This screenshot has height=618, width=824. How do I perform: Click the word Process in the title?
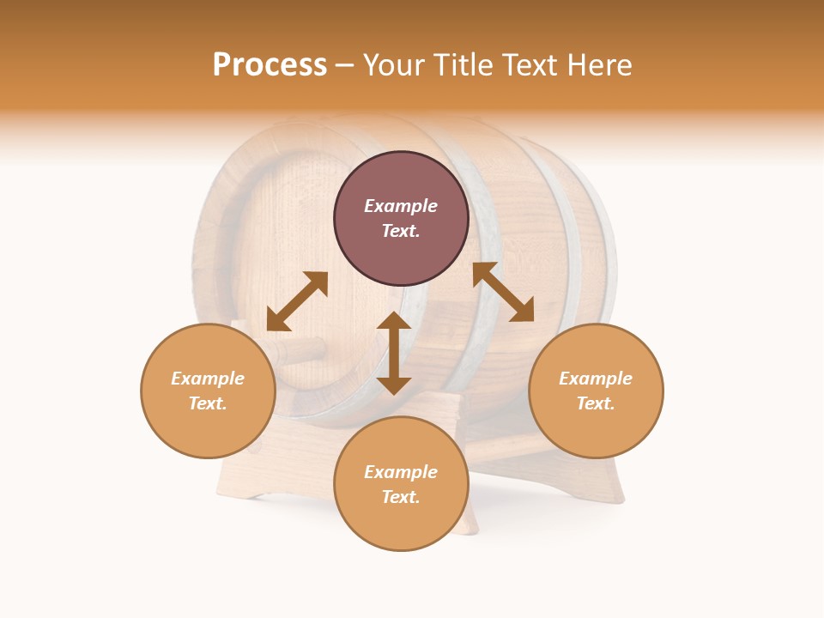pyautogui.click(x=270, y=65)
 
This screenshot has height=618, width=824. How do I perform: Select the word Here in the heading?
pyautogui.click(x=597, y=65)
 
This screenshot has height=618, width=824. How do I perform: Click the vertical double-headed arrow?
pyautogui.click(x=394, y=353)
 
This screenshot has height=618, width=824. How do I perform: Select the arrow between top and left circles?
pyautogui.click(x=297, y=301)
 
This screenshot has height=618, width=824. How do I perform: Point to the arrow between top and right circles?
pyautogui.click(x=503, y=292)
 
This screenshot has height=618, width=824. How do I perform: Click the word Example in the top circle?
pyautogui.click(x=401, y=206)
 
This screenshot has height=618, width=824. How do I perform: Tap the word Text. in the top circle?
pyautogui.click(x=401, y=231)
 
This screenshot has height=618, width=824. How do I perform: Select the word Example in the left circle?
pyautogui.click(x=208, y=379)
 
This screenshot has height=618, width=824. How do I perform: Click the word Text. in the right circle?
pyautogui.click(x=596, y=403)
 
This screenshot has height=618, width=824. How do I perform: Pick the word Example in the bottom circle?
pyautogui.click(x=401, y=472)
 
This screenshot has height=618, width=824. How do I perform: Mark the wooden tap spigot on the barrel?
pyautogui.click(x=296, y=351)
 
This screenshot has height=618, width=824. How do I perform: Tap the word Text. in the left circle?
pyautogui.click(x=208, y=403)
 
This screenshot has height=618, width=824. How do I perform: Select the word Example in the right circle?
pyautogui.click(x=596, y=379)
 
